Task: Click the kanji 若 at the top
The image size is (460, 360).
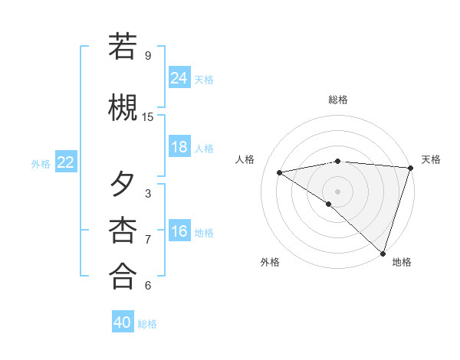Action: pos(123,47)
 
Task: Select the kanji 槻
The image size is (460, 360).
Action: pos(123,106)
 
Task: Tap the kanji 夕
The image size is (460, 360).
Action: pos(123,185)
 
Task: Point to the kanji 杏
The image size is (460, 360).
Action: pos(123,230)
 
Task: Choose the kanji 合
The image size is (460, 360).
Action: pos(123,276)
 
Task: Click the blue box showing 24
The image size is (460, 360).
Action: pos(179,78)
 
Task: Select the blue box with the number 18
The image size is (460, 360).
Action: pos(179,147)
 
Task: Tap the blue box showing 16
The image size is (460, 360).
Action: pos(179,232)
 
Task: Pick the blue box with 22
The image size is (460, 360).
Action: pos(66,162)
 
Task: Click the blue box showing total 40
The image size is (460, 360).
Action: pos(123,322)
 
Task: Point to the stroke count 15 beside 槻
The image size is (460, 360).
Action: pos(148,116)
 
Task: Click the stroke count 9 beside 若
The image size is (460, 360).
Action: pos(148,55)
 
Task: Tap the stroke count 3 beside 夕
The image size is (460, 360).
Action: pos(148,193)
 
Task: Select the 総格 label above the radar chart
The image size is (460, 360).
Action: pos(338,100)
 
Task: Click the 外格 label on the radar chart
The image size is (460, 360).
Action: pos(270,262)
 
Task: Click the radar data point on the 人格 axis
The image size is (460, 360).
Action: pos(280,172)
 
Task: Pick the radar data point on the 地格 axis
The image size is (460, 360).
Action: pos(383,253)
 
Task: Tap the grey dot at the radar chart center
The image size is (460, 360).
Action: pos(337,191)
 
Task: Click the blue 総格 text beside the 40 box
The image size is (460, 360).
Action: pos(148,323)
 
